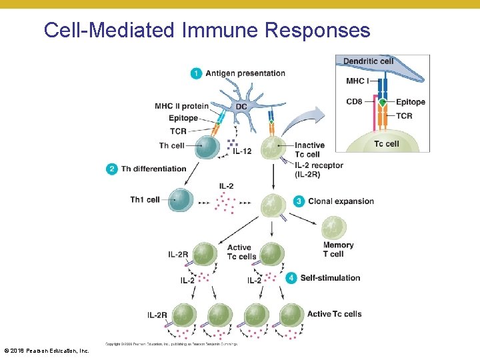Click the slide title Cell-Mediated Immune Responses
pyautogui.click(x=207, y=30)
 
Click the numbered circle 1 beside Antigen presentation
pyautogui.click(x=196, y=73)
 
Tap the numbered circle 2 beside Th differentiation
pyautogui.click(x=111, y=169)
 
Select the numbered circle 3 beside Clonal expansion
pyautogui.click(x=299, y=201)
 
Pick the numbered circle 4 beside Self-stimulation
pyautogui.click(x=291, y=278)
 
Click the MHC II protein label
pyautogui.click(x=181, y=106)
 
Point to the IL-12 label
pyautogui.click(x=241, y=152)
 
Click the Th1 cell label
pyautogui.click(x=145, y=199)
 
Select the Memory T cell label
pyautogui.click(x=338, y=249)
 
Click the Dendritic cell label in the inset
pyautogui.click(x=368, y=61)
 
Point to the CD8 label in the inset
pyautogui.click(x=355, y=102)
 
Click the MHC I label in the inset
pyautogui.click(x=357, y=81)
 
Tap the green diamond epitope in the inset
pyautogui.click(x=383, y=102)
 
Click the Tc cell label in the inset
pyautogui.click(x=386, y=144)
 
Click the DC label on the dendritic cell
pyautogui.click(x=241, y=107)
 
